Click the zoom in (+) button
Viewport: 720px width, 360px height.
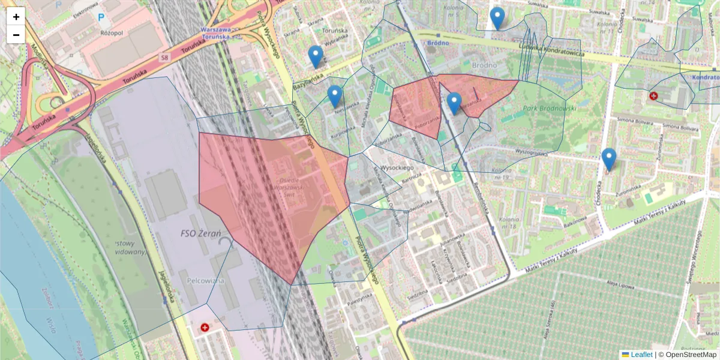pyautogui.click(x=16, y=17)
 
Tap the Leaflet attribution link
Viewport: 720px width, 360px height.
pyautogui.click(x=641, y=355)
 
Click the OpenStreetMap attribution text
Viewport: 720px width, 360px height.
pyautogui.click(x=691, y=355)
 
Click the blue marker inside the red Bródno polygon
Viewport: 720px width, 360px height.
pyautogui.click(x=454, y=104)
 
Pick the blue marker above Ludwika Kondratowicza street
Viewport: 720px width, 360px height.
pyautogui.click(x=497, y=18)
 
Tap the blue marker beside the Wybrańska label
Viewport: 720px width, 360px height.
pyautogui.click(x=316, y=57)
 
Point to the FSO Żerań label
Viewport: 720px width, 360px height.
pyautogui.click(x=200, y=232)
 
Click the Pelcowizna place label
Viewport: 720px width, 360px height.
pyautogui.click(x=205, y=280)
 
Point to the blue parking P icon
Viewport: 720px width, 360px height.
pyautogui.click(x=100, y=18)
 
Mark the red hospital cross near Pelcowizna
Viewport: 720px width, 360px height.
pyautogui.click(x=205, y=328)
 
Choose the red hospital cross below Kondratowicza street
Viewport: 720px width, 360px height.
pyautogui.click(x=653, y=95)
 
